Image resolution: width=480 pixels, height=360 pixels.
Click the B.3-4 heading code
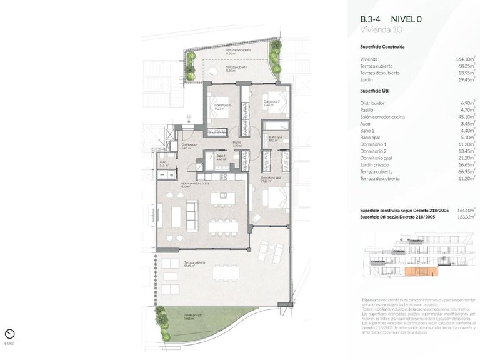tap(371, 19)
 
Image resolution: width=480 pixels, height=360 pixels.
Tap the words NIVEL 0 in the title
tap(406, 19)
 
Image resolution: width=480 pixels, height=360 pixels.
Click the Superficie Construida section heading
tap(382, 47)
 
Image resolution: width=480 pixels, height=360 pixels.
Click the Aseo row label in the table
tap(366, 123)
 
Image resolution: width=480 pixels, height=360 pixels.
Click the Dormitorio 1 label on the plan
tap(222, 106)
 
